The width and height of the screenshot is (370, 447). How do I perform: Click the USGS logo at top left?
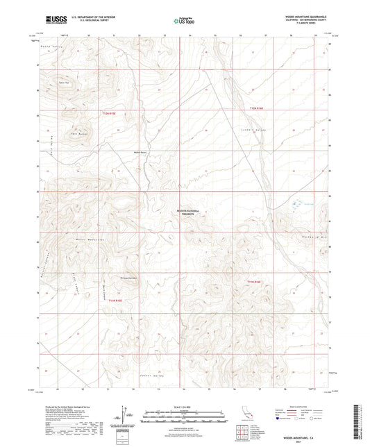tap(56, 20)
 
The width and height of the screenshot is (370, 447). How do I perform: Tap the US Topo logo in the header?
tap(183, 21)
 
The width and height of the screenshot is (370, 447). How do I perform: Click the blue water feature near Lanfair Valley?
tap(298, 203)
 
